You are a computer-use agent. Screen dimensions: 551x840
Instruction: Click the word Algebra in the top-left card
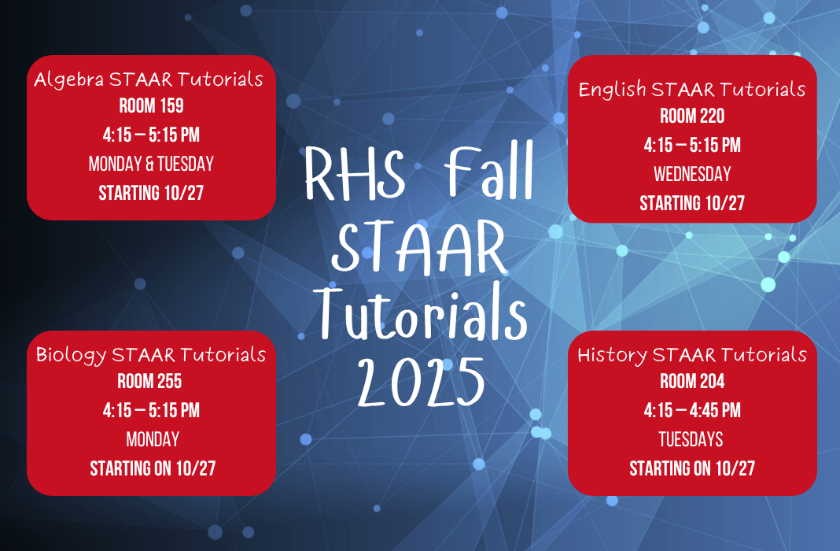coord(69,80)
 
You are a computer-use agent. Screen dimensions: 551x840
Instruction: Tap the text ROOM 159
coord(151,106)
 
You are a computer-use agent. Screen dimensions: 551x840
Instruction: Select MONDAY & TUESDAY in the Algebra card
coord(151,165)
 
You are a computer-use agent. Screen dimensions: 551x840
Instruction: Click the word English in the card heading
coord(610,90)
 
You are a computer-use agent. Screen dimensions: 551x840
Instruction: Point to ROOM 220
coord(692,116)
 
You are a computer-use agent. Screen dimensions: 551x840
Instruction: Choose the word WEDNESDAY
coord(692,174)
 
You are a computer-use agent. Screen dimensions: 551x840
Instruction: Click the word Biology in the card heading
coord(71,355)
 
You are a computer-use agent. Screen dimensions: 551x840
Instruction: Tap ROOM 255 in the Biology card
coord(149,382)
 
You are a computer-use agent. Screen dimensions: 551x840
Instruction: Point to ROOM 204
coord(692,382)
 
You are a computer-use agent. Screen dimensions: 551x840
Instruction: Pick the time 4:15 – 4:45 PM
coord(692,410)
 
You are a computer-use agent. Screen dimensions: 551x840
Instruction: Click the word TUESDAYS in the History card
coord(692,439)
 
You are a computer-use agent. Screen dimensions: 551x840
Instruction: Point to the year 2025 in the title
coord(420,381)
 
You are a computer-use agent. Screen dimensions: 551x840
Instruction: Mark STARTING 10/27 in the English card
coord(692,203)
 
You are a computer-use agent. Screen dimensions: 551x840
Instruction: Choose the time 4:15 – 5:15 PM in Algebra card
coord(151,135)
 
